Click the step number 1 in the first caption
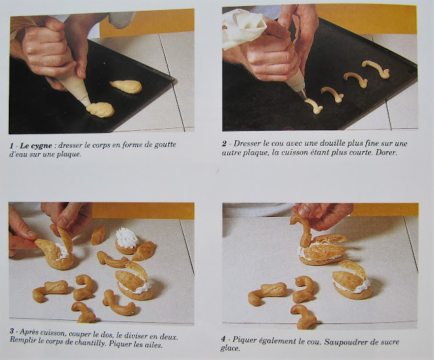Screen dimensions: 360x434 coord(12,145)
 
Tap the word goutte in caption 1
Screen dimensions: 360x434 coord(184,145)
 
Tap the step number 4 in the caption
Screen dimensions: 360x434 coord(226,340)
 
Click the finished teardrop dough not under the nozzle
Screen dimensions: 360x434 coord(126,87)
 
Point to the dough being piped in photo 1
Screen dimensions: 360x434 coord(100,109)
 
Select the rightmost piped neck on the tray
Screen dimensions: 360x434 coord(374,67)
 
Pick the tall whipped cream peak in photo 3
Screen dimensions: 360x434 coord(125,237)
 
